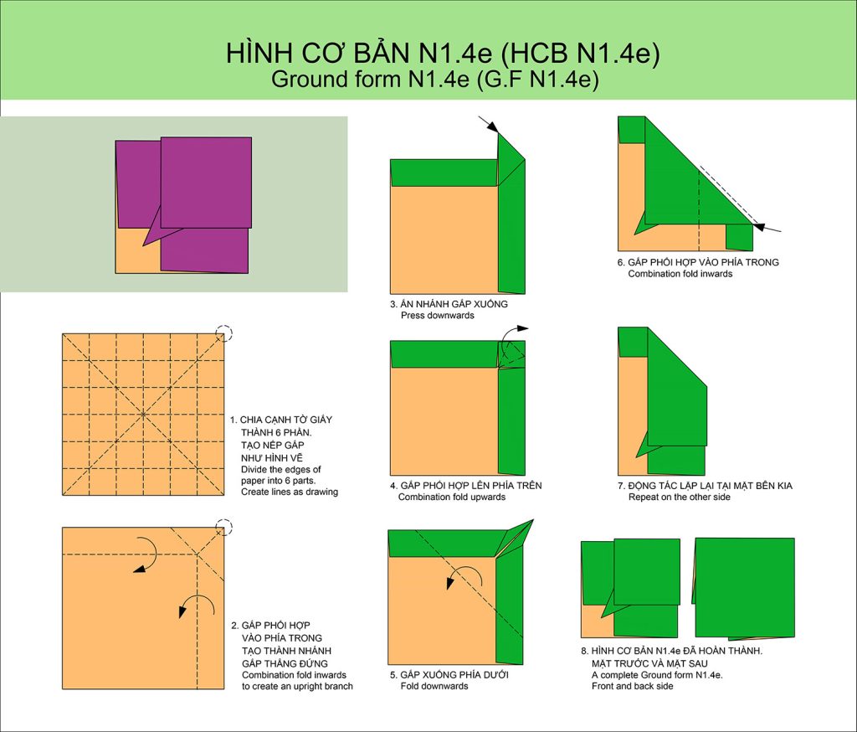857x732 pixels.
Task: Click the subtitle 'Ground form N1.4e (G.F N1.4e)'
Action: [x=435, y=80]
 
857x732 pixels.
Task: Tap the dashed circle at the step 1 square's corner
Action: [x=223, y=333]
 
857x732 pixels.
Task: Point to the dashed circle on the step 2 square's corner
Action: [x=224, y=528]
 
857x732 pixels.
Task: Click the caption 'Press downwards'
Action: [x=437, y=316]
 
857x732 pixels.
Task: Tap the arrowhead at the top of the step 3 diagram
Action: [x=492, y=127]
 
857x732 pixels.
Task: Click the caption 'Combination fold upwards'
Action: [x=451, y=497]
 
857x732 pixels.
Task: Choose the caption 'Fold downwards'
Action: [x=434, y=687]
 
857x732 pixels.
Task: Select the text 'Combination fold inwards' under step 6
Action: [x=680, y=274]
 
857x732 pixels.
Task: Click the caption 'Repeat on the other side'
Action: [x=680, y=497]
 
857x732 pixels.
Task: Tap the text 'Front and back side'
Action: [x=633, y=687]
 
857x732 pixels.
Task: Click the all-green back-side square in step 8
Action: [x=744, y=588]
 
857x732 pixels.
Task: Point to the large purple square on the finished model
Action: [x=206, y=183]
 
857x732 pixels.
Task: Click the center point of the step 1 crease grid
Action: [x=143, y=414]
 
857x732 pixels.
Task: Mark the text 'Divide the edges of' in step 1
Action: [x=281, y=470]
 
